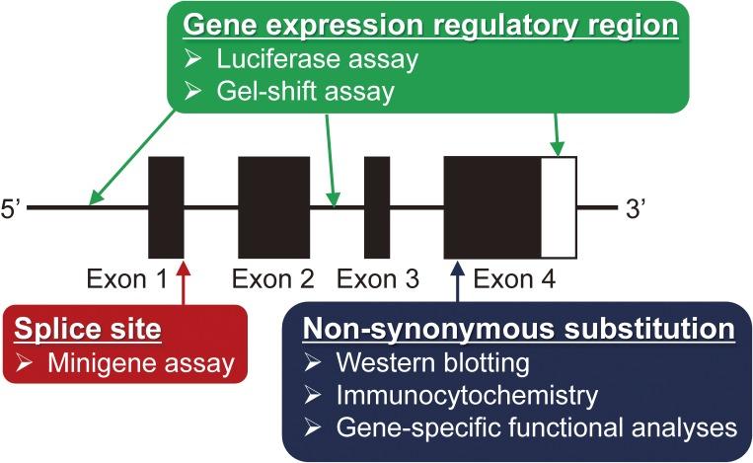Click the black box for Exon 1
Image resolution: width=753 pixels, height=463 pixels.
(166, 207)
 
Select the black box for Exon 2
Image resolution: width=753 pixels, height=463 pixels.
(274, 207)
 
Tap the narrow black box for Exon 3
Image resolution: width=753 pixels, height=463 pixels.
(377, 207)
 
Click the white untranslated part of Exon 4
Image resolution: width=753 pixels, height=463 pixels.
(559, 207)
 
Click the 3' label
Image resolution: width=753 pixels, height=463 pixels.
(636, 209)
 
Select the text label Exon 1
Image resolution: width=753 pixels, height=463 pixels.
(126, 279)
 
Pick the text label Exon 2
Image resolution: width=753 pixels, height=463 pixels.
(272, 279)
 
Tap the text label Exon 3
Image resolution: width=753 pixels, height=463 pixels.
(378, 279)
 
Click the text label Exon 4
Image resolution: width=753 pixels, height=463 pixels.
(515, 279)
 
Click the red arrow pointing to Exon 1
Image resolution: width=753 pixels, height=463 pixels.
(183, 283)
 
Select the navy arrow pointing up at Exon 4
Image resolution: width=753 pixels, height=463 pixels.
(457, 281)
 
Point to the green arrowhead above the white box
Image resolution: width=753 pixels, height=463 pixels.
(558, 149)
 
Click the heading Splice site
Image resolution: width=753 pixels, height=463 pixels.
(88, 329)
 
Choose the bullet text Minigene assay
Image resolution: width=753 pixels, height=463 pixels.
(141, 363)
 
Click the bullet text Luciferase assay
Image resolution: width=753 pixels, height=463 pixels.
(318, 59)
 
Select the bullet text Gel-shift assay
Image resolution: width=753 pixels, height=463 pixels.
(305, 91)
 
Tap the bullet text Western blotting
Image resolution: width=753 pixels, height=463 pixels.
(432, 363)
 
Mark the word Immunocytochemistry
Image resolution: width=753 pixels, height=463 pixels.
(467, 396)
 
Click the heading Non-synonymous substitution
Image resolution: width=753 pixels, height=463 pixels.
(519, 329)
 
